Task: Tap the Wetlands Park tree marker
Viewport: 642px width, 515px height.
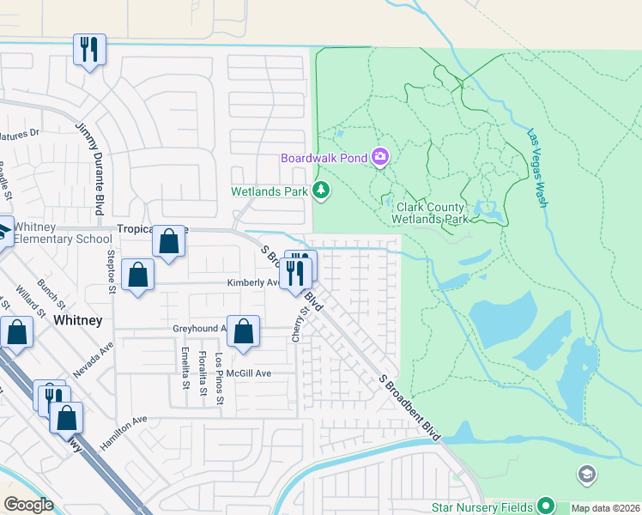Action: click(x=321, y=190)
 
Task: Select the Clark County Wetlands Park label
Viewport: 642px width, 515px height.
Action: click(x=431, y=213)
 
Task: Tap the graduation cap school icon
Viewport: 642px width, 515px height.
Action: click(x=586, y=474)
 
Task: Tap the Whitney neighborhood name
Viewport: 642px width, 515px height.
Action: click(x=78, y=320)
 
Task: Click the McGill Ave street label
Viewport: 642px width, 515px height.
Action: click(x=250, y=373)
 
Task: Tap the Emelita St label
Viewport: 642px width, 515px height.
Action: click(x=185, y=367)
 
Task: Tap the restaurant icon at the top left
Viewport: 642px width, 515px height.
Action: click(x=89, y=49)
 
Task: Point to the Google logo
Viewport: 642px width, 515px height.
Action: click(x=28, y=505)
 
